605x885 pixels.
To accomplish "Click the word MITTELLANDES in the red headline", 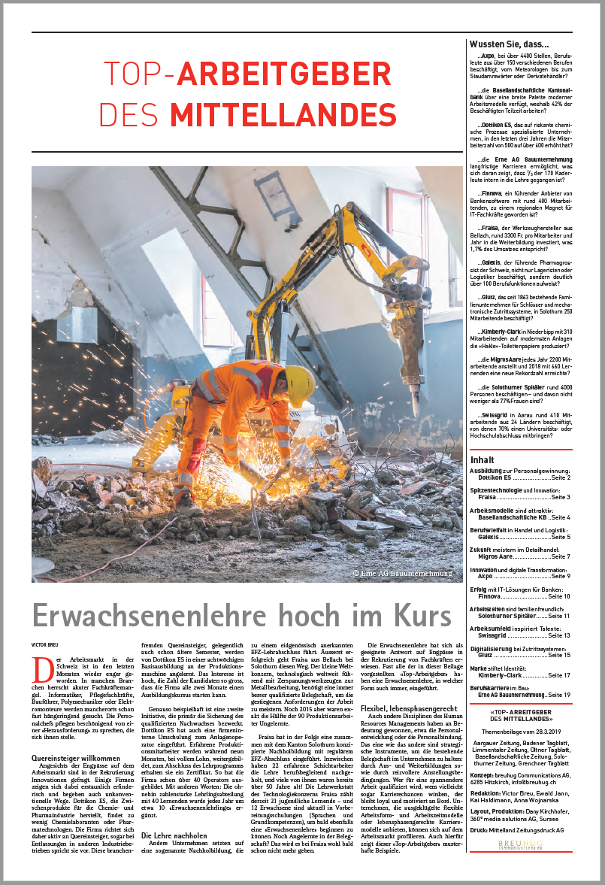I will click(x=273, y=114).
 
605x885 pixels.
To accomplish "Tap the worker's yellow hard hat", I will click(x=299, y=384).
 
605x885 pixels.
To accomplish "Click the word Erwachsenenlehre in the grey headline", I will click(x=151, y=615).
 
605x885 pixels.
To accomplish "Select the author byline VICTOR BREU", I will click(x=45, y=644).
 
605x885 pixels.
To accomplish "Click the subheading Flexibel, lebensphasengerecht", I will click(x=410, y=708).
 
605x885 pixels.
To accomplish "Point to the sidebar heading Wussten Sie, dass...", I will click(x=509, y=44).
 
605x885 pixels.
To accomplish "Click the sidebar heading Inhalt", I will click(x=482, y=459).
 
